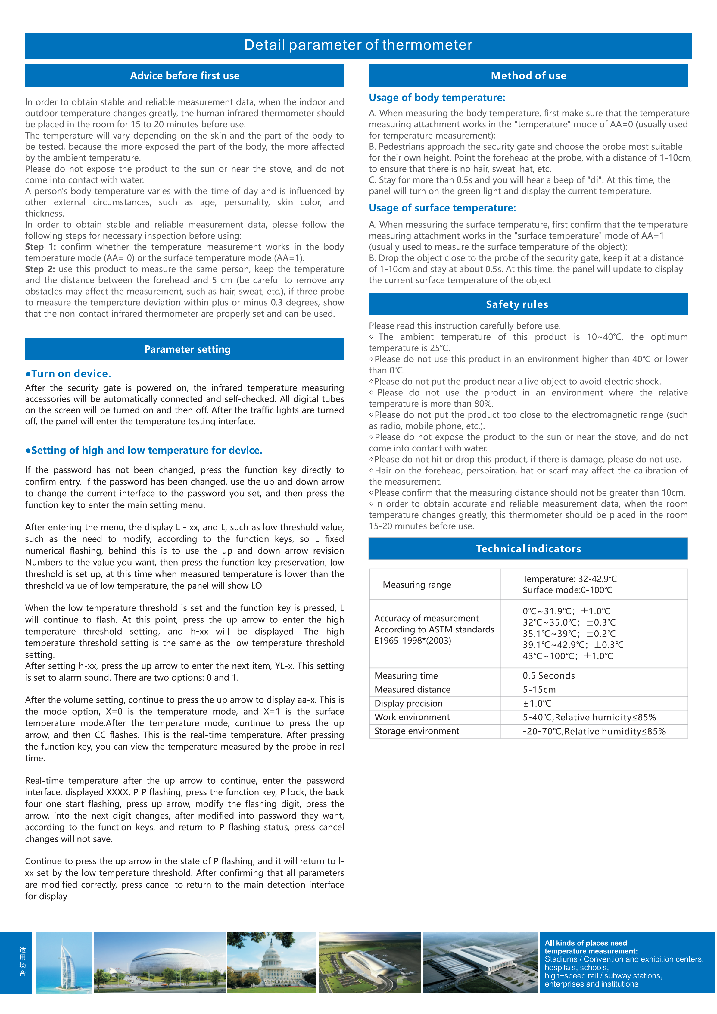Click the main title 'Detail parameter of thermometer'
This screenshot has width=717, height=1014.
point(358,45)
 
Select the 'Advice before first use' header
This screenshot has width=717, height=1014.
point(185,76)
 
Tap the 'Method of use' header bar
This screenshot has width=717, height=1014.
point(528,76)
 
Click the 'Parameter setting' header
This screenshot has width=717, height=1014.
point(187,349)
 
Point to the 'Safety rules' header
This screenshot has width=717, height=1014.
point(516,304)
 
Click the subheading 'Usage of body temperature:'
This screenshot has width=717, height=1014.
point(437,98)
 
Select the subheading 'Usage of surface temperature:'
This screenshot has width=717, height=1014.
point(442,208)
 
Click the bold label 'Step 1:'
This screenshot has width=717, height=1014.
point(40,247)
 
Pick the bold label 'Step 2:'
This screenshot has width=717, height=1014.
point(40,269)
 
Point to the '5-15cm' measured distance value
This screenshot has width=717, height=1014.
point(539,689)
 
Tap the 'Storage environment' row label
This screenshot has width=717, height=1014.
point(416,731)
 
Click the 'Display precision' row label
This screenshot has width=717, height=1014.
point(408,703)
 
